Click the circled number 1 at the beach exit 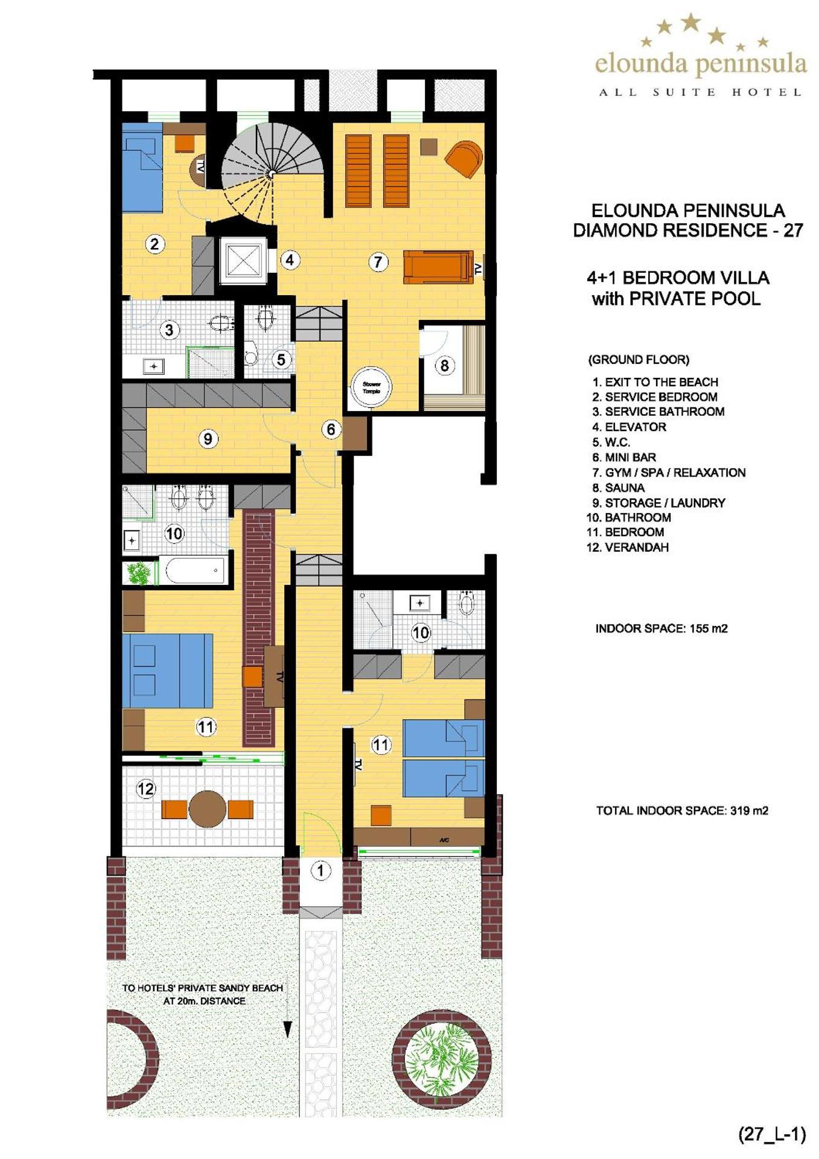(320, 870)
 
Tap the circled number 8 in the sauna (444, 365)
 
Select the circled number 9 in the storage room (208, 438)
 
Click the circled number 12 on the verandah (146, 788)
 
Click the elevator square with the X (244, 261)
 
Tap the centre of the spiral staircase (272, 173)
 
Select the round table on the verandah (207, 808)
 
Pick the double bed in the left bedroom (167, 670)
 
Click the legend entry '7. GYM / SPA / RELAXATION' (669, 473)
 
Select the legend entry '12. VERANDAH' (628, 548)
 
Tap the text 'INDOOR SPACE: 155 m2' (661, 628)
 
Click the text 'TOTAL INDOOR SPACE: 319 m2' (682, 811)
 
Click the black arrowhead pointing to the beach (288, 1029)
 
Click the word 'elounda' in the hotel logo (641, 63)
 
